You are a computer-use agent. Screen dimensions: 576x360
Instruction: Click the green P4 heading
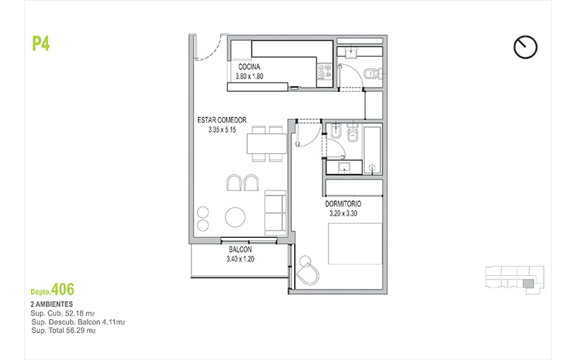(x=41, y=44)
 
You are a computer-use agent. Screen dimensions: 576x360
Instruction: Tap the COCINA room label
(x=249, y=67)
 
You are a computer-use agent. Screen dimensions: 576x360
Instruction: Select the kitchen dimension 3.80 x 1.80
(x=249, y=76)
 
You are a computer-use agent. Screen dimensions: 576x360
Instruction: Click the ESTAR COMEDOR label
(x=222, y=120)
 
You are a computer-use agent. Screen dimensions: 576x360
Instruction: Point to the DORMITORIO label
(x=343, y=204)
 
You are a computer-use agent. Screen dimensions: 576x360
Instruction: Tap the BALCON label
(x=240, y=249)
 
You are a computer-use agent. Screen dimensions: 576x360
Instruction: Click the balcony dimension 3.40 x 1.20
(x=240, y=259)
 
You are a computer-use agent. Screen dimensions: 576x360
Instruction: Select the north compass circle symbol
(x=526, y=47)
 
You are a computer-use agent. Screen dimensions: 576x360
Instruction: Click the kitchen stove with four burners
(x=325, y=71)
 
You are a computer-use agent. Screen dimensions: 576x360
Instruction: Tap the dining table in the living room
(x=267, y=144)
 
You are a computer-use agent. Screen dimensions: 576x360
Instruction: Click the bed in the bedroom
(x=355, y=244)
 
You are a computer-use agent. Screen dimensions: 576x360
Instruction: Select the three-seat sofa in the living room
(x=275, y=213)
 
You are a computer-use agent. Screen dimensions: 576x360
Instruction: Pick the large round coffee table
(x=235, y=217)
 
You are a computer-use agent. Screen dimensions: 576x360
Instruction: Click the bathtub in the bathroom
(x=372, y=150)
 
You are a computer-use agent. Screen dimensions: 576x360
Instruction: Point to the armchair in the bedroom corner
(x=307, y=272)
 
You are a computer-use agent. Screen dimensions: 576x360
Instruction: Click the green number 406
(x=63, y=290)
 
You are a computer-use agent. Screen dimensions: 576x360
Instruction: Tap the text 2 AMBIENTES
(x=52, y=304)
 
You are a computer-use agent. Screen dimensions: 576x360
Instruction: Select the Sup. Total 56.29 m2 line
(x=63, y=331)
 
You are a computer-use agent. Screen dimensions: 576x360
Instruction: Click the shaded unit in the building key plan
(x=528, y=283)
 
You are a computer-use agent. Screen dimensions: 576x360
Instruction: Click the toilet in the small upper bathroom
(x=371, y=74)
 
